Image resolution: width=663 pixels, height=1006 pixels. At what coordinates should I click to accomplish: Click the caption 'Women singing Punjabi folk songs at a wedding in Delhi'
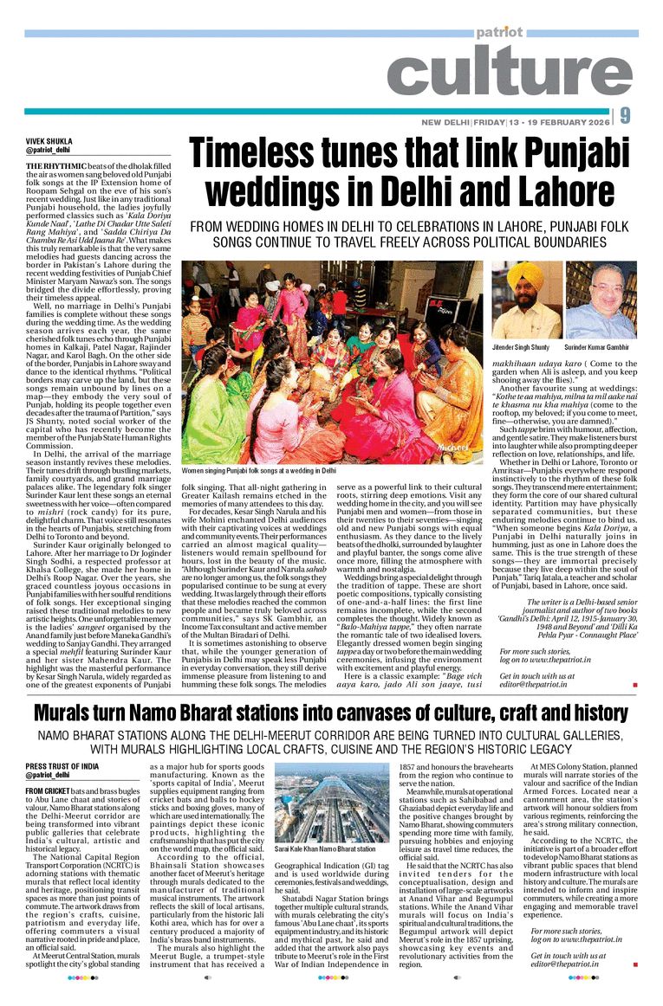pyautogui.click(x=258, y=471)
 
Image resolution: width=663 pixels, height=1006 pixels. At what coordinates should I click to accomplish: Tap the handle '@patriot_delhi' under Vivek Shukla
pyautogui.click(x=49, y=150)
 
